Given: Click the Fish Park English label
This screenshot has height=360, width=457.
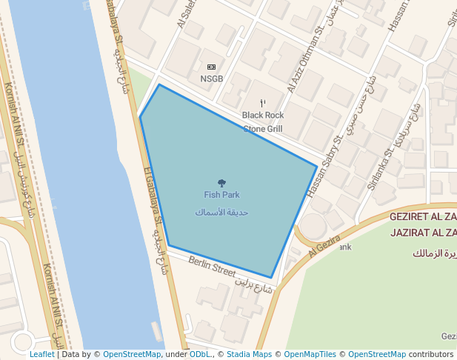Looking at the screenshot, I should [x=221, y=195].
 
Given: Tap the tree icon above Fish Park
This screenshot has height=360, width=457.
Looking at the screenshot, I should [x=221, y=182].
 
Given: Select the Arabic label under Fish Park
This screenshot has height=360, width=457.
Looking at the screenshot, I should [x=221, y=212].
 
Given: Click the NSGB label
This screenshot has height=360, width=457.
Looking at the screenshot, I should [x=211, y=79].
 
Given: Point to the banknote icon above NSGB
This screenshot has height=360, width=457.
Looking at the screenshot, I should [x=211, y=67].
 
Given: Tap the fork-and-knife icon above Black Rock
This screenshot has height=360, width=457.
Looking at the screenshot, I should [x=262, y=103].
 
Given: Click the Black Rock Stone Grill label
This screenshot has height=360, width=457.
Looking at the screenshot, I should [x=263, y=122].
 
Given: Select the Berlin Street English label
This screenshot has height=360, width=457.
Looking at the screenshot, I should [x=212, y=267].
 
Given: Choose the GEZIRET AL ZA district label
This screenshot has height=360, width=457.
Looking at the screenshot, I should [x=423, y=217].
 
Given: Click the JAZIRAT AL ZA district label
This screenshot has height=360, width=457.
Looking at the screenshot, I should [x=423, y=232].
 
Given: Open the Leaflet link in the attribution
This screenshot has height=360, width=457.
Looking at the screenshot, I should [x=41, y=354].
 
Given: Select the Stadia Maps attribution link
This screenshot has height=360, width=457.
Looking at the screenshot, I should [x=249, y=354].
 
